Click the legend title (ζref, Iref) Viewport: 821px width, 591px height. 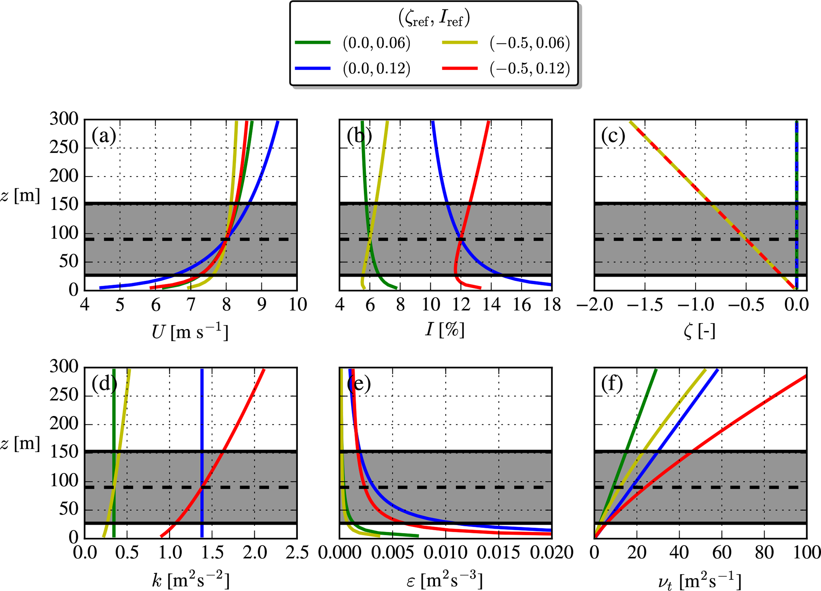click(434, 18)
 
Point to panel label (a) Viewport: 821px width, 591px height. click(104, 136)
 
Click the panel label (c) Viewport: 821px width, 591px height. click(613, 136)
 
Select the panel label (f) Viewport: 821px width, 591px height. click(612, 384)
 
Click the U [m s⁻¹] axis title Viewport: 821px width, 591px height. click(190, 332)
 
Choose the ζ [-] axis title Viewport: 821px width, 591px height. click(700, 331)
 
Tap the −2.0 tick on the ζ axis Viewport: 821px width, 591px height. click(595, 305)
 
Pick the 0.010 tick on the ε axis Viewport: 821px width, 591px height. click(446, 553)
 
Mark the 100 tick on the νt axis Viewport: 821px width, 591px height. click(806, 553)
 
